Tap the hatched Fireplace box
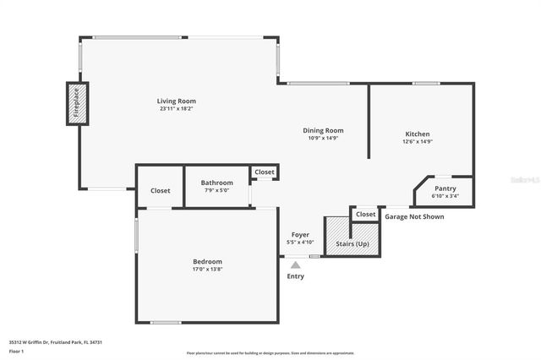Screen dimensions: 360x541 [x=74, y=104]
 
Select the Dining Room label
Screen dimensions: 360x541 [x=323, y=131]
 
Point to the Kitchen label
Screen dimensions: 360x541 [x=418, y=134]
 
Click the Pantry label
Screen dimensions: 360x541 [x=445, y=188]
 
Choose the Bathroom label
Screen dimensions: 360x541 [x=216, y=183]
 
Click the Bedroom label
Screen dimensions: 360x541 [x=207, y=262]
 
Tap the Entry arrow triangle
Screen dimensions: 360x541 [x=295, y=265]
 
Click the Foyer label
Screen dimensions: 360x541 [x=300, y=234]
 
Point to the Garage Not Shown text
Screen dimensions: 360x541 [x=414, y=216]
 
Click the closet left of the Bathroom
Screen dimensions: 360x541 [x=160, y=191]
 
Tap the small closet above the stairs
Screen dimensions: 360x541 [x=365, y=215]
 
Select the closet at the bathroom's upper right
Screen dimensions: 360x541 [x=265, y=172]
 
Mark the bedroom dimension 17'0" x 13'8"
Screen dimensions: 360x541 [x=207, y=270]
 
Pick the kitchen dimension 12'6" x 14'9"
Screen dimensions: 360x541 [x=418, y=142]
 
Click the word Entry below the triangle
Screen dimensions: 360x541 [x=295, y=276]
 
